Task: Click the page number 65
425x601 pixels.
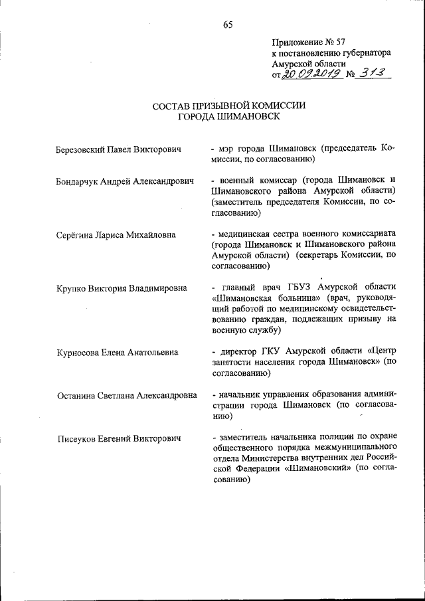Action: [228, 25]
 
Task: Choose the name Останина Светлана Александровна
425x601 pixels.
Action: [127, 395]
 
